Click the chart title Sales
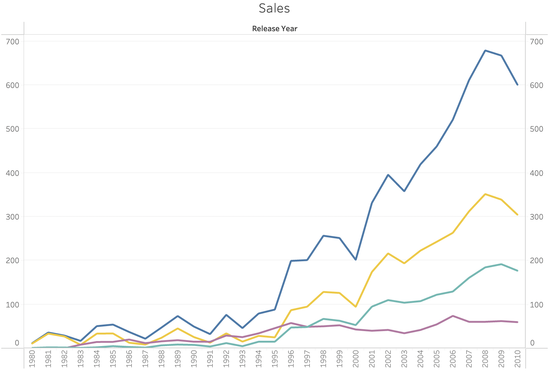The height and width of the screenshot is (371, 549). point(274,8)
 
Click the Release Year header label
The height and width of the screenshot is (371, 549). point(274,29)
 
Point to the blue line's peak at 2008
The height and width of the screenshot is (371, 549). point(485,51)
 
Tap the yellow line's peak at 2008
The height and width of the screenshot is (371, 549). point(485,194)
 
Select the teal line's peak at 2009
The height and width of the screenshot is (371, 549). point(501,264)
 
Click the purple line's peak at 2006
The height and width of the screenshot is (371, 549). point(453,316)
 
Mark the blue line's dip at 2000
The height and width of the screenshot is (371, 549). point(356,259)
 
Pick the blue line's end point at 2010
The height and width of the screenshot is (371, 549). point(517,84)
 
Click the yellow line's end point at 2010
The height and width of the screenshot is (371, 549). point(517,214)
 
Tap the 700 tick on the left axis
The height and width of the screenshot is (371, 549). point(12,41)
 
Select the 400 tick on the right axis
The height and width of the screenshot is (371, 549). point(536,173)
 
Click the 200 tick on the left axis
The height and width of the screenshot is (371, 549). point(12,260)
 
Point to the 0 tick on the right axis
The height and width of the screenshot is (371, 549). point(532,343)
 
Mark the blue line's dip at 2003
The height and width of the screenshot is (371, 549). point(404,191)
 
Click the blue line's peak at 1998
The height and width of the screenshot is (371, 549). point(323,236)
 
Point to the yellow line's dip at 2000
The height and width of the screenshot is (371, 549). point(356,307)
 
